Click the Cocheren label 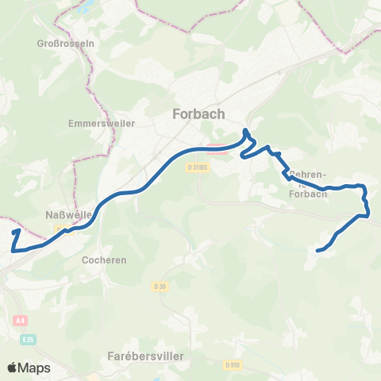pos(104,259)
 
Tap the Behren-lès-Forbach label pos(308,183)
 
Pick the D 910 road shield pos(232,364)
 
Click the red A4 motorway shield pos(21,321)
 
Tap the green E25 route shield pos(29,339)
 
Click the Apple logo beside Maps pos(12,368)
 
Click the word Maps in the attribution pos(34,368)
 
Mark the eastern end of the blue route pos(318,251)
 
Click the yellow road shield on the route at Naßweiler pos(60,229)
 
